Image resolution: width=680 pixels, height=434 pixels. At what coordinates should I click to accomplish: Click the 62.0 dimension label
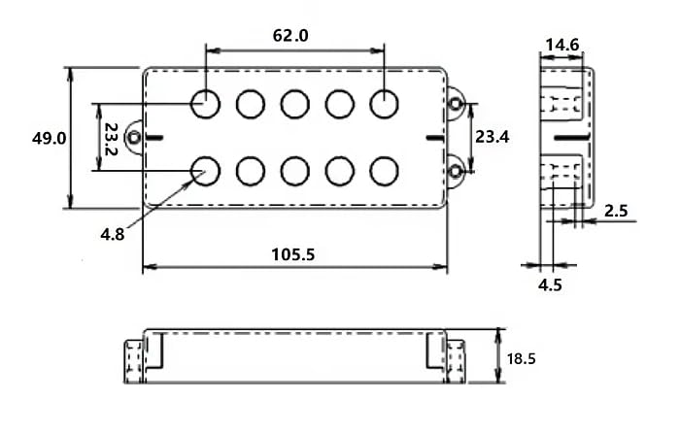(x=290, y=35)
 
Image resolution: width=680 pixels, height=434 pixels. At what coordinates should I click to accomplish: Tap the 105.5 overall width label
(x=293, y=254)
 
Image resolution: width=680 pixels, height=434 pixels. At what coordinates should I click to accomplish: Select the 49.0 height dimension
(x=49, y=138)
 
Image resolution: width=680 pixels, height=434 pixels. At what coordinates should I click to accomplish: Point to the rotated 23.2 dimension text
(x=111, y=139)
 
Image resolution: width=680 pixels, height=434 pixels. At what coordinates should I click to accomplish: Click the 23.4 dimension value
(x=493, y=137)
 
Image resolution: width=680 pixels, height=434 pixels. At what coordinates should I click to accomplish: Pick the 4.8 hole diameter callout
(x=113, y=235)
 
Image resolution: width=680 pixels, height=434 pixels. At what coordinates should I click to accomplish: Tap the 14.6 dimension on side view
(x=562, y=45)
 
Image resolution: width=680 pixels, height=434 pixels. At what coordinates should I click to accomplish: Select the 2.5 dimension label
(x=616, y=211)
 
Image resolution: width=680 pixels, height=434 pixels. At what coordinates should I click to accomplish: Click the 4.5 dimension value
(x=550, y=284)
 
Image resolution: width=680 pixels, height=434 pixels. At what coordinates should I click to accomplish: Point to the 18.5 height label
(x=522, y=359)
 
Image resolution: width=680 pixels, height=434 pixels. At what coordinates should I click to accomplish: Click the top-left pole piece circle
(x=206, y=104)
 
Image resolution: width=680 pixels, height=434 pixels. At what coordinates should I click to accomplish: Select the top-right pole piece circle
(x=384, y=104)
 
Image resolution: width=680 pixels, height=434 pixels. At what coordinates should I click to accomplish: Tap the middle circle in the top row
(x=295, y=104)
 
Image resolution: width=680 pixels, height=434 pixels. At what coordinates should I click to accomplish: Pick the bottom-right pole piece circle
(x=384, y=171)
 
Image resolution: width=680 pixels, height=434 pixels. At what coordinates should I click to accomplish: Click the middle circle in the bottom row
(x=295, y=171)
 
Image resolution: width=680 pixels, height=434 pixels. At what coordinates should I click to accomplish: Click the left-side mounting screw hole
(x=134, y=138)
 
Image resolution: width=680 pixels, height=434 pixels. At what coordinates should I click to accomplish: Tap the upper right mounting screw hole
(x=456, y=104)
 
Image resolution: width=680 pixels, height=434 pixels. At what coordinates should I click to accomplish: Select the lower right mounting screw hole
(x=456, y=172)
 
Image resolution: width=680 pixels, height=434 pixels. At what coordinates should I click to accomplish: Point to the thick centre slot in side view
(x=571, y=138)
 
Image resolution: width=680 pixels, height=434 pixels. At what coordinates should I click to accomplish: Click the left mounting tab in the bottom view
(x=134, y=361)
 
